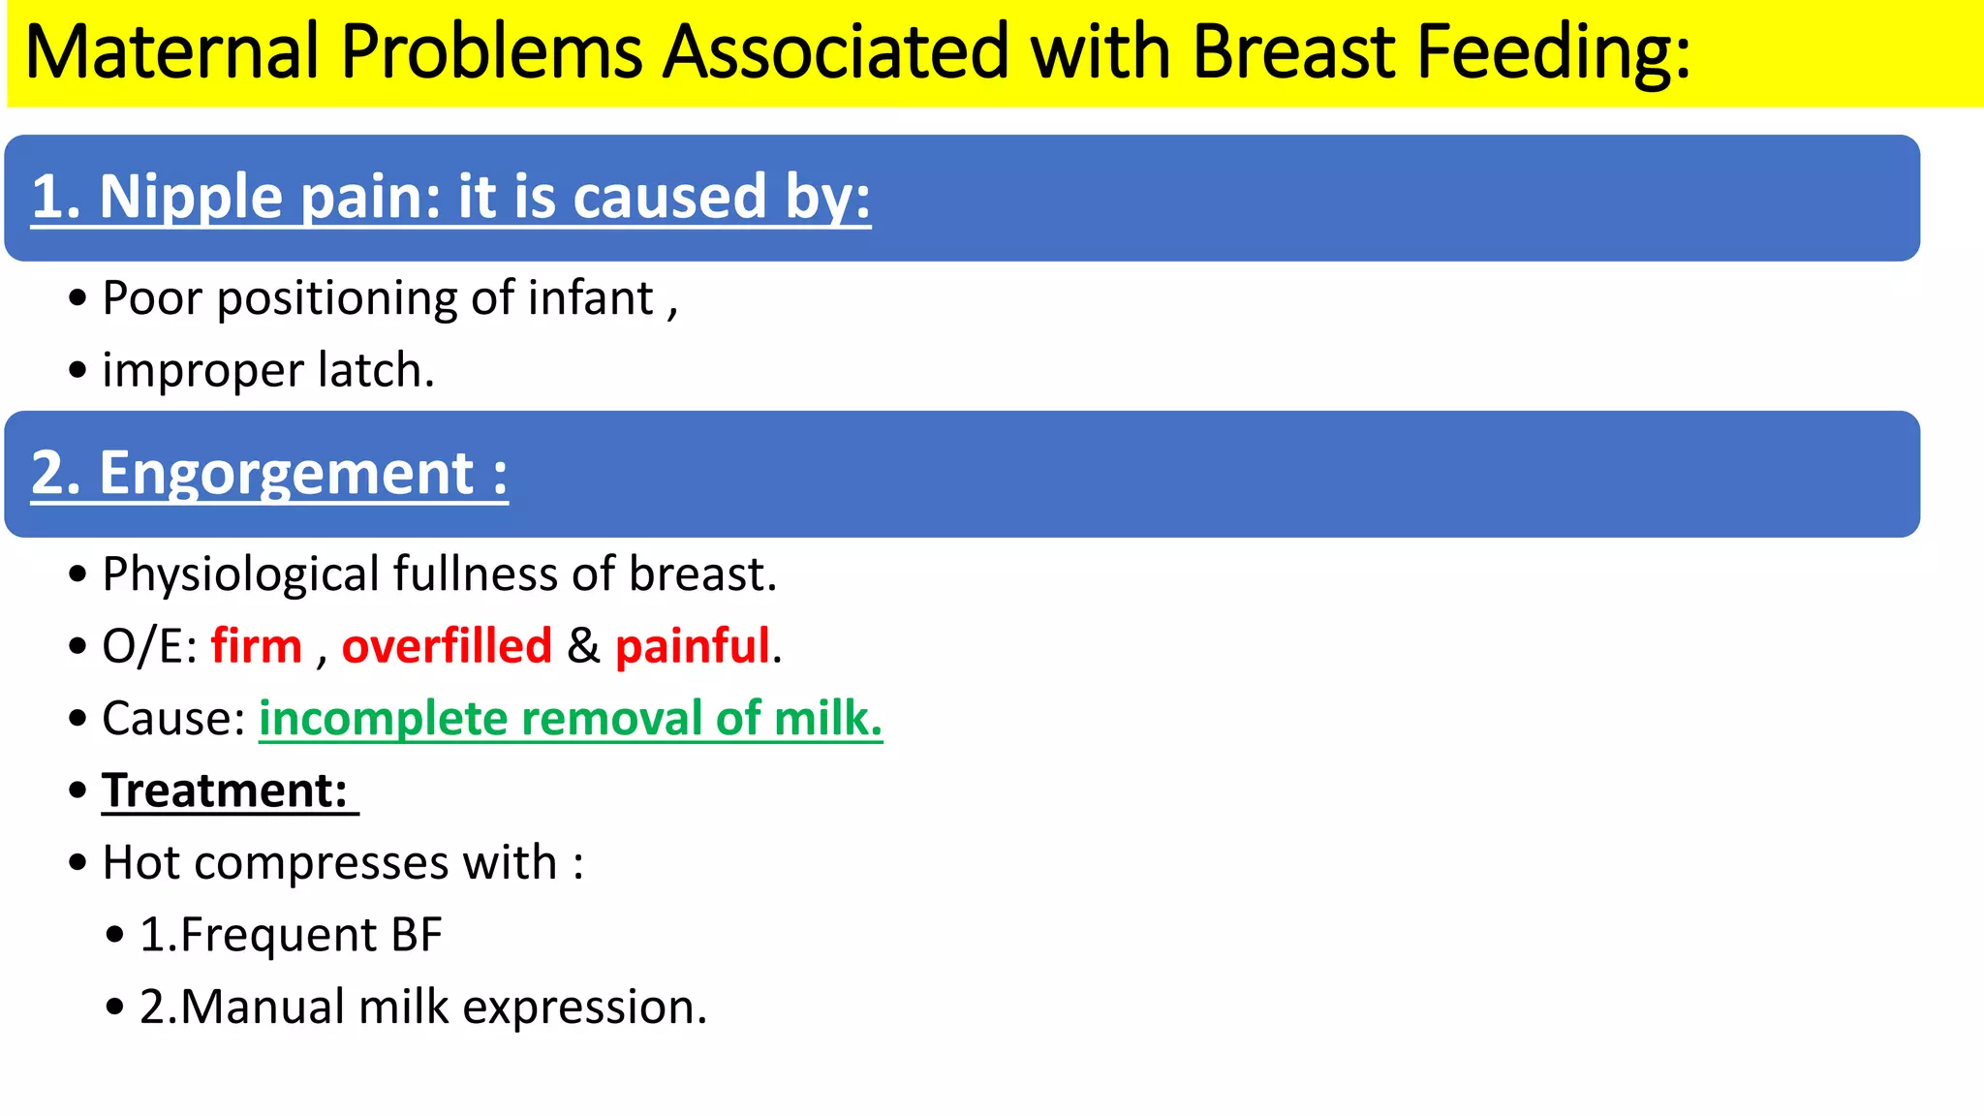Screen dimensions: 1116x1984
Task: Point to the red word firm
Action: tap(257, 646)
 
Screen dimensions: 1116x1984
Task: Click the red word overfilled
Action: tap(447, 646)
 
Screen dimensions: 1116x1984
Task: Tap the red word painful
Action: tap(693, 646)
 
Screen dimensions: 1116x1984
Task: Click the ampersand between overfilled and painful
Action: tap(583, 646)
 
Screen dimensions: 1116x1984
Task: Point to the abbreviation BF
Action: tap(417, 935)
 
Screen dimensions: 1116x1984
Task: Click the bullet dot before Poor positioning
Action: tap(77, 298)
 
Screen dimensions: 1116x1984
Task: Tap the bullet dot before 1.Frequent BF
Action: tap(115, 936)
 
